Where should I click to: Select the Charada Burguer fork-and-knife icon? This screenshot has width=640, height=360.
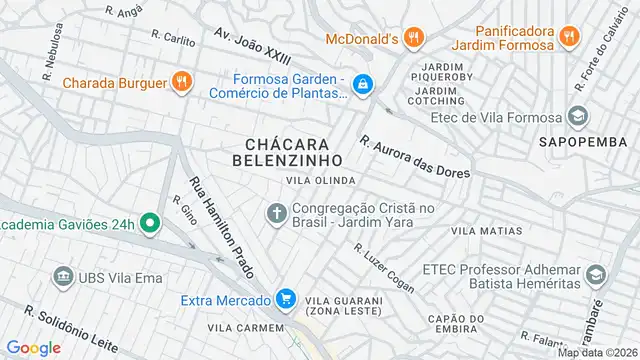(x=181, y=82)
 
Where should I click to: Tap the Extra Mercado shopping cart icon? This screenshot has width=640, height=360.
(x=287, y=299)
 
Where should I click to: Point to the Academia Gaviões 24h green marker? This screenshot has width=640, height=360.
(x=151, y=222)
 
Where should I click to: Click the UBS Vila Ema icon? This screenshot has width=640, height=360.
(x=64, y=275)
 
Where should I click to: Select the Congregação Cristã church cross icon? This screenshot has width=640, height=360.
(x=276, y=213)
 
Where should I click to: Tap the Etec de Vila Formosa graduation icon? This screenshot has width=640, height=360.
(x=578, y=117)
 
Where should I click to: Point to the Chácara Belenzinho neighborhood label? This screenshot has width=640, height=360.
(x=287, y=152)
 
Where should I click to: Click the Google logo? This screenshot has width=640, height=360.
(x=34, y=347)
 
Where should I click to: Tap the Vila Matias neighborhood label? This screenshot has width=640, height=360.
(x=487, y=231)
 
